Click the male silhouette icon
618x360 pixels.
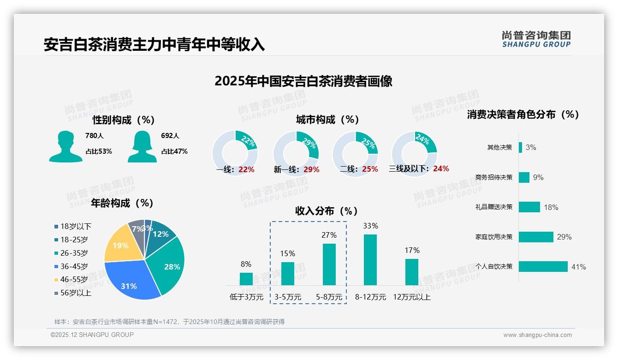(65, 146)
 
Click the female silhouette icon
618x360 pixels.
(142, 146)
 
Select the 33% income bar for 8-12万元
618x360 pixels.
(370, 259)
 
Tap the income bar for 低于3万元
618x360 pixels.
(246, 279)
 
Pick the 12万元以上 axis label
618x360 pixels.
(411, 297)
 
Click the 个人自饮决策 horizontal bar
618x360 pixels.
(543, 266)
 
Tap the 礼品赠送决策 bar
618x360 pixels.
(529, 207)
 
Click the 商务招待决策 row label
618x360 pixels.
(493, 177)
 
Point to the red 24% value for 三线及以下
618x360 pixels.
(441, 168)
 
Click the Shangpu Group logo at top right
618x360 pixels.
(536, 39)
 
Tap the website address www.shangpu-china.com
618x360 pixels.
(537, 335)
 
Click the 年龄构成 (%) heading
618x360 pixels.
(122, 203)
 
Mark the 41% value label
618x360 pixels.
(578, 267)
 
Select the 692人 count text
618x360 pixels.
(170, 136)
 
